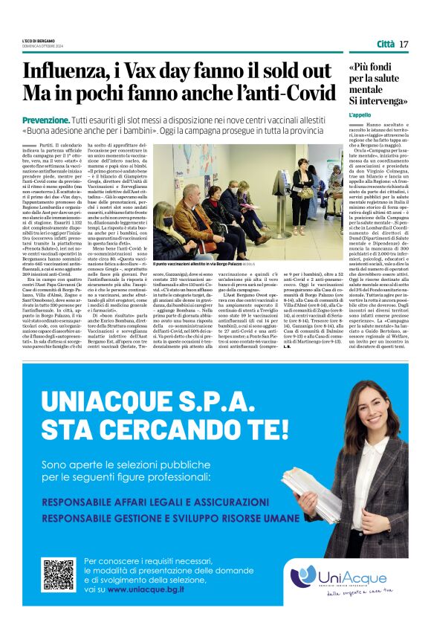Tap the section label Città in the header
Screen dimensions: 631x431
click(x=385, y=44)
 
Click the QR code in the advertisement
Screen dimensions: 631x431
click(x=59, y=574)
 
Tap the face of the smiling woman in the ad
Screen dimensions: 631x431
click(x=372, y=426)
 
